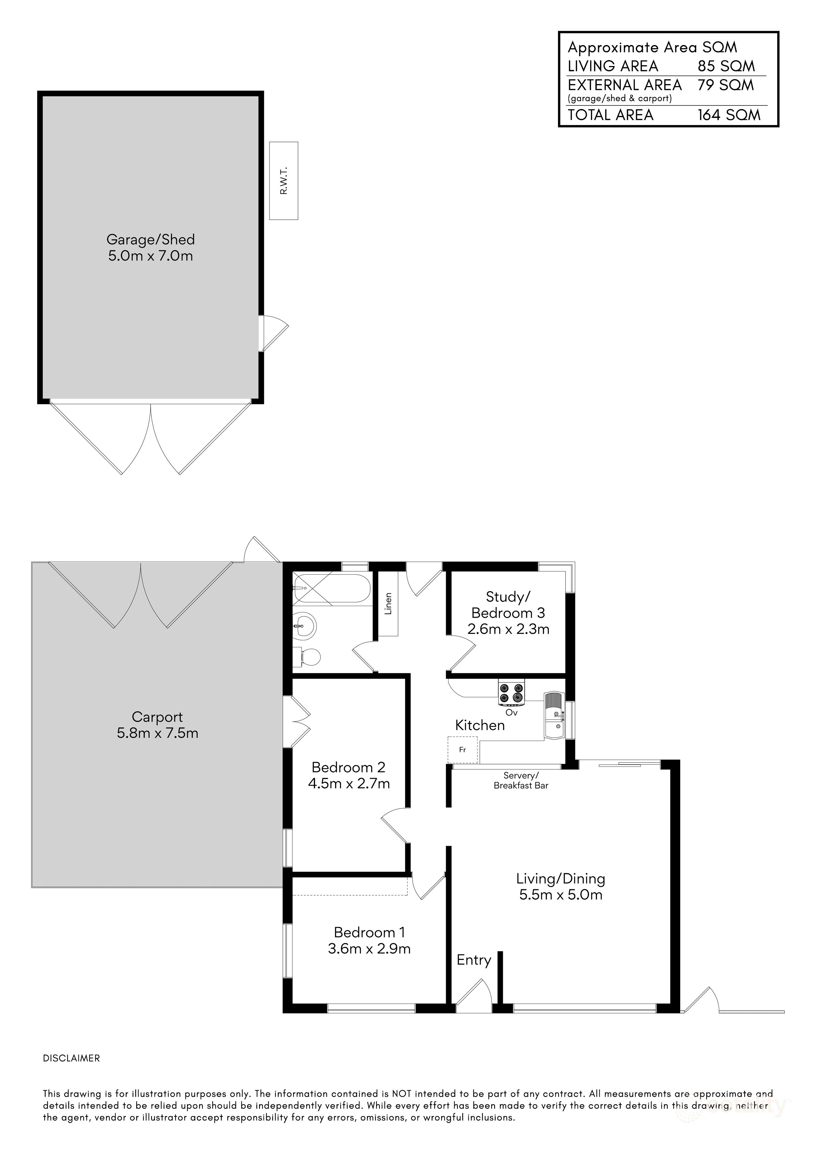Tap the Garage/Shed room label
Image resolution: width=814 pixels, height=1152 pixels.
(x=150, y=239)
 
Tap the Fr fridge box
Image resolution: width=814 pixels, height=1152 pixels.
(x=462, y=750)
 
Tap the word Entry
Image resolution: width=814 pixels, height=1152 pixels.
(x=473, y=960)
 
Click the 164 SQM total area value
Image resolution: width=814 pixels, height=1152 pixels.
(x=729, y=115)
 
